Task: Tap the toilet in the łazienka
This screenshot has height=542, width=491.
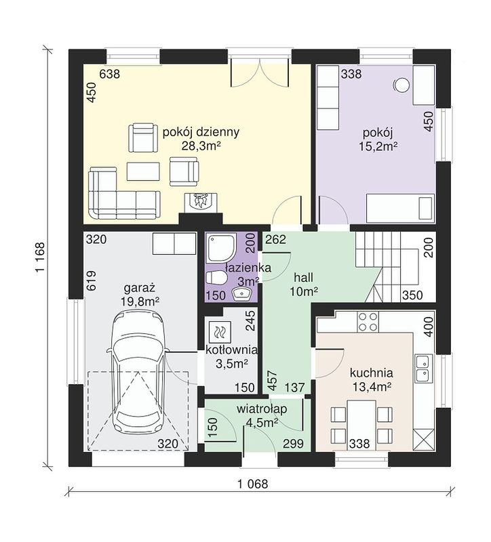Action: pos(216,278)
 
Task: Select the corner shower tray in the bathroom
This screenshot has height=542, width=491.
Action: pos(221,247)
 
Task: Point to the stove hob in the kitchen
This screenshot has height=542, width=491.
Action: pos(368,321)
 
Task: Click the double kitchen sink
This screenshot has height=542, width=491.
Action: pos(424,367)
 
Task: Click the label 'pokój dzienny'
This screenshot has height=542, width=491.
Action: pos(201,132)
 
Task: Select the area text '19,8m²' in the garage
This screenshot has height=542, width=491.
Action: pos(140,301)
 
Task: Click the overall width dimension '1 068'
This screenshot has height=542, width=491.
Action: pos(253,484)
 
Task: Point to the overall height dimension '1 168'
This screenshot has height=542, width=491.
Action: pos(41,257)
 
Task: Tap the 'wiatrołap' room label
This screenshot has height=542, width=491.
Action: pos(262,409)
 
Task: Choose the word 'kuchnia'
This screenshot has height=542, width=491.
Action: pos(371,373)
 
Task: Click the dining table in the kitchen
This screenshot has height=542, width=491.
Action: pos(361,425)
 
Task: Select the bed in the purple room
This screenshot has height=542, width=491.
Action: pos(400,207)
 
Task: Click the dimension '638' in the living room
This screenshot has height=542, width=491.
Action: pos(110,74)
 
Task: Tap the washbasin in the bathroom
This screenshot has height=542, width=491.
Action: pos(243,294)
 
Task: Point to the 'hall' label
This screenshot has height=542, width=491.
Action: pos(303,277)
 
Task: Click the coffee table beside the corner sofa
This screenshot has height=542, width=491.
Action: pos(144,171)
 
